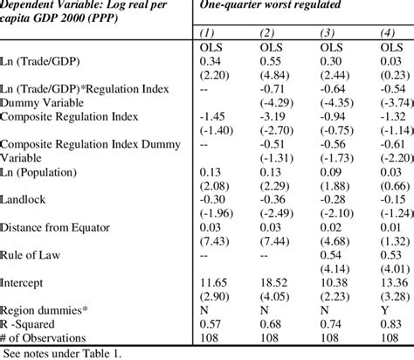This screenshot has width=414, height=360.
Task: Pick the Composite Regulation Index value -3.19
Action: pyautogui.click(x=272, y=117)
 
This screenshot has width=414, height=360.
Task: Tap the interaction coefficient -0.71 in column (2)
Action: pyautogui.click(x=272, y=89)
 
